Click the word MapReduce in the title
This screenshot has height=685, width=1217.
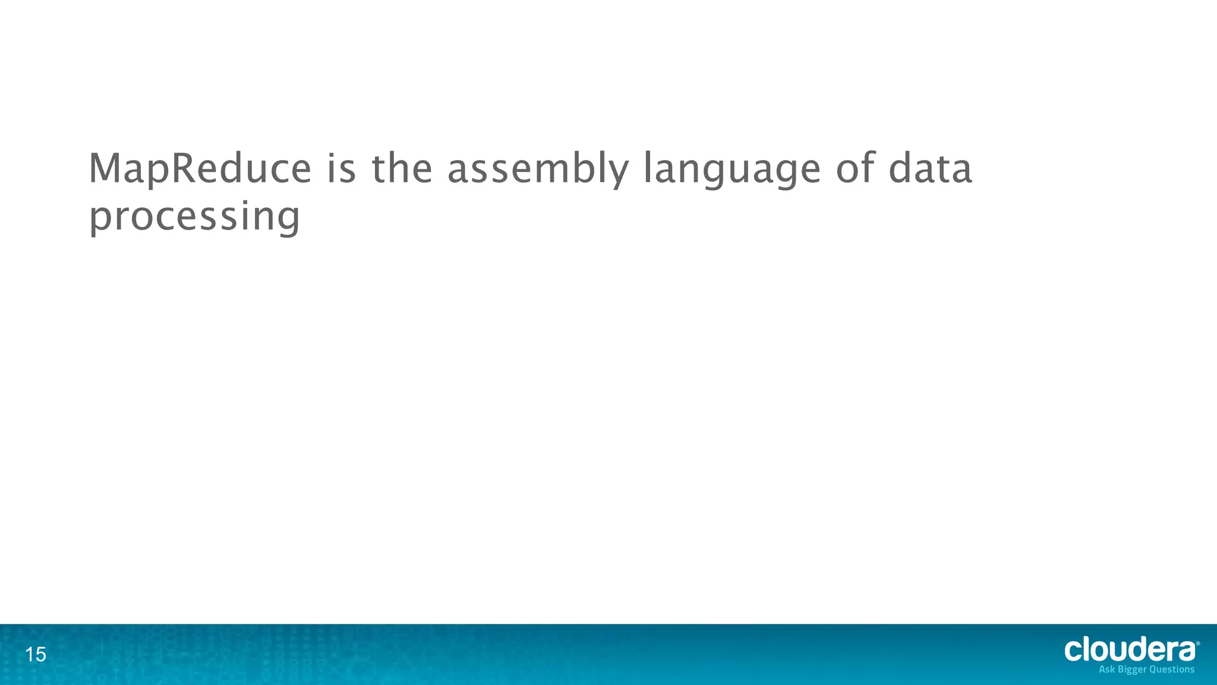[x=200, y=169]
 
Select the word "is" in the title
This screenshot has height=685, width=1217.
[x=341, y=169]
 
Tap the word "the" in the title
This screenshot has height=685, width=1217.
[x=402, y=169]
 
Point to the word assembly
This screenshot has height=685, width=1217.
[x=537, y=170]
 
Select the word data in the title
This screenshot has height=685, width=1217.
[x=931, y=169]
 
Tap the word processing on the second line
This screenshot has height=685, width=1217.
[x=194, y=218]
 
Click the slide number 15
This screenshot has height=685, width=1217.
[x=36, y=655]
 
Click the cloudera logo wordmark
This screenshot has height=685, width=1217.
[x=1130, y=649]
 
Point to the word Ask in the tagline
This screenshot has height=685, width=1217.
[x=1106, y=670]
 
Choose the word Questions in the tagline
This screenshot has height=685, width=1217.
[x=1172, y=670]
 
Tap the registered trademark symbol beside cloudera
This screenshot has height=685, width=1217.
[x=1198, y=643]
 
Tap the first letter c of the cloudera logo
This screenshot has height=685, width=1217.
[x=1073, y=651]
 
